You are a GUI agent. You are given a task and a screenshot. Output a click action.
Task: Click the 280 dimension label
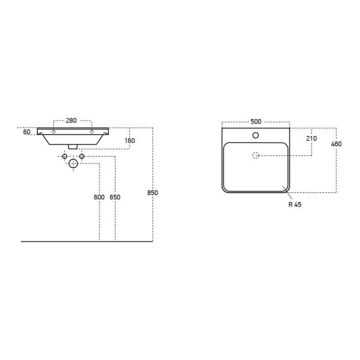[x=71, y=121]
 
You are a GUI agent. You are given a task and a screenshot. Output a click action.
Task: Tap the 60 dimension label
[x=27, y=132]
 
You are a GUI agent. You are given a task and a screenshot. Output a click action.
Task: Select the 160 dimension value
[x=130, y=140]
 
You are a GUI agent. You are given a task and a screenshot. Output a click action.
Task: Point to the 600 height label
[x=99, y=197]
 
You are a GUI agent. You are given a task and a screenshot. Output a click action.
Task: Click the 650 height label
[x=115, y=197]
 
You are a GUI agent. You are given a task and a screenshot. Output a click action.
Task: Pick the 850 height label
[x=153, y=193]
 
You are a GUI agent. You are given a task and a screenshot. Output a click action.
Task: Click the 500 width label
[x=256, y=121]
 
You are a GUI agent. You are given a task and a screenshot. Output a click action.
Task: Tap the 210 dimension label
[x=311, y=139]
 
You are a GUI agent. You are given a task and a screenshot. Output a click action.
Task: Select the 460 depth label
[x=336, y=144]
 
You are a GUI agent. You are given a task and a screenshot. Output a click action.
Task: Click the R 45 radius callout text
[x=295, y=204]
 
